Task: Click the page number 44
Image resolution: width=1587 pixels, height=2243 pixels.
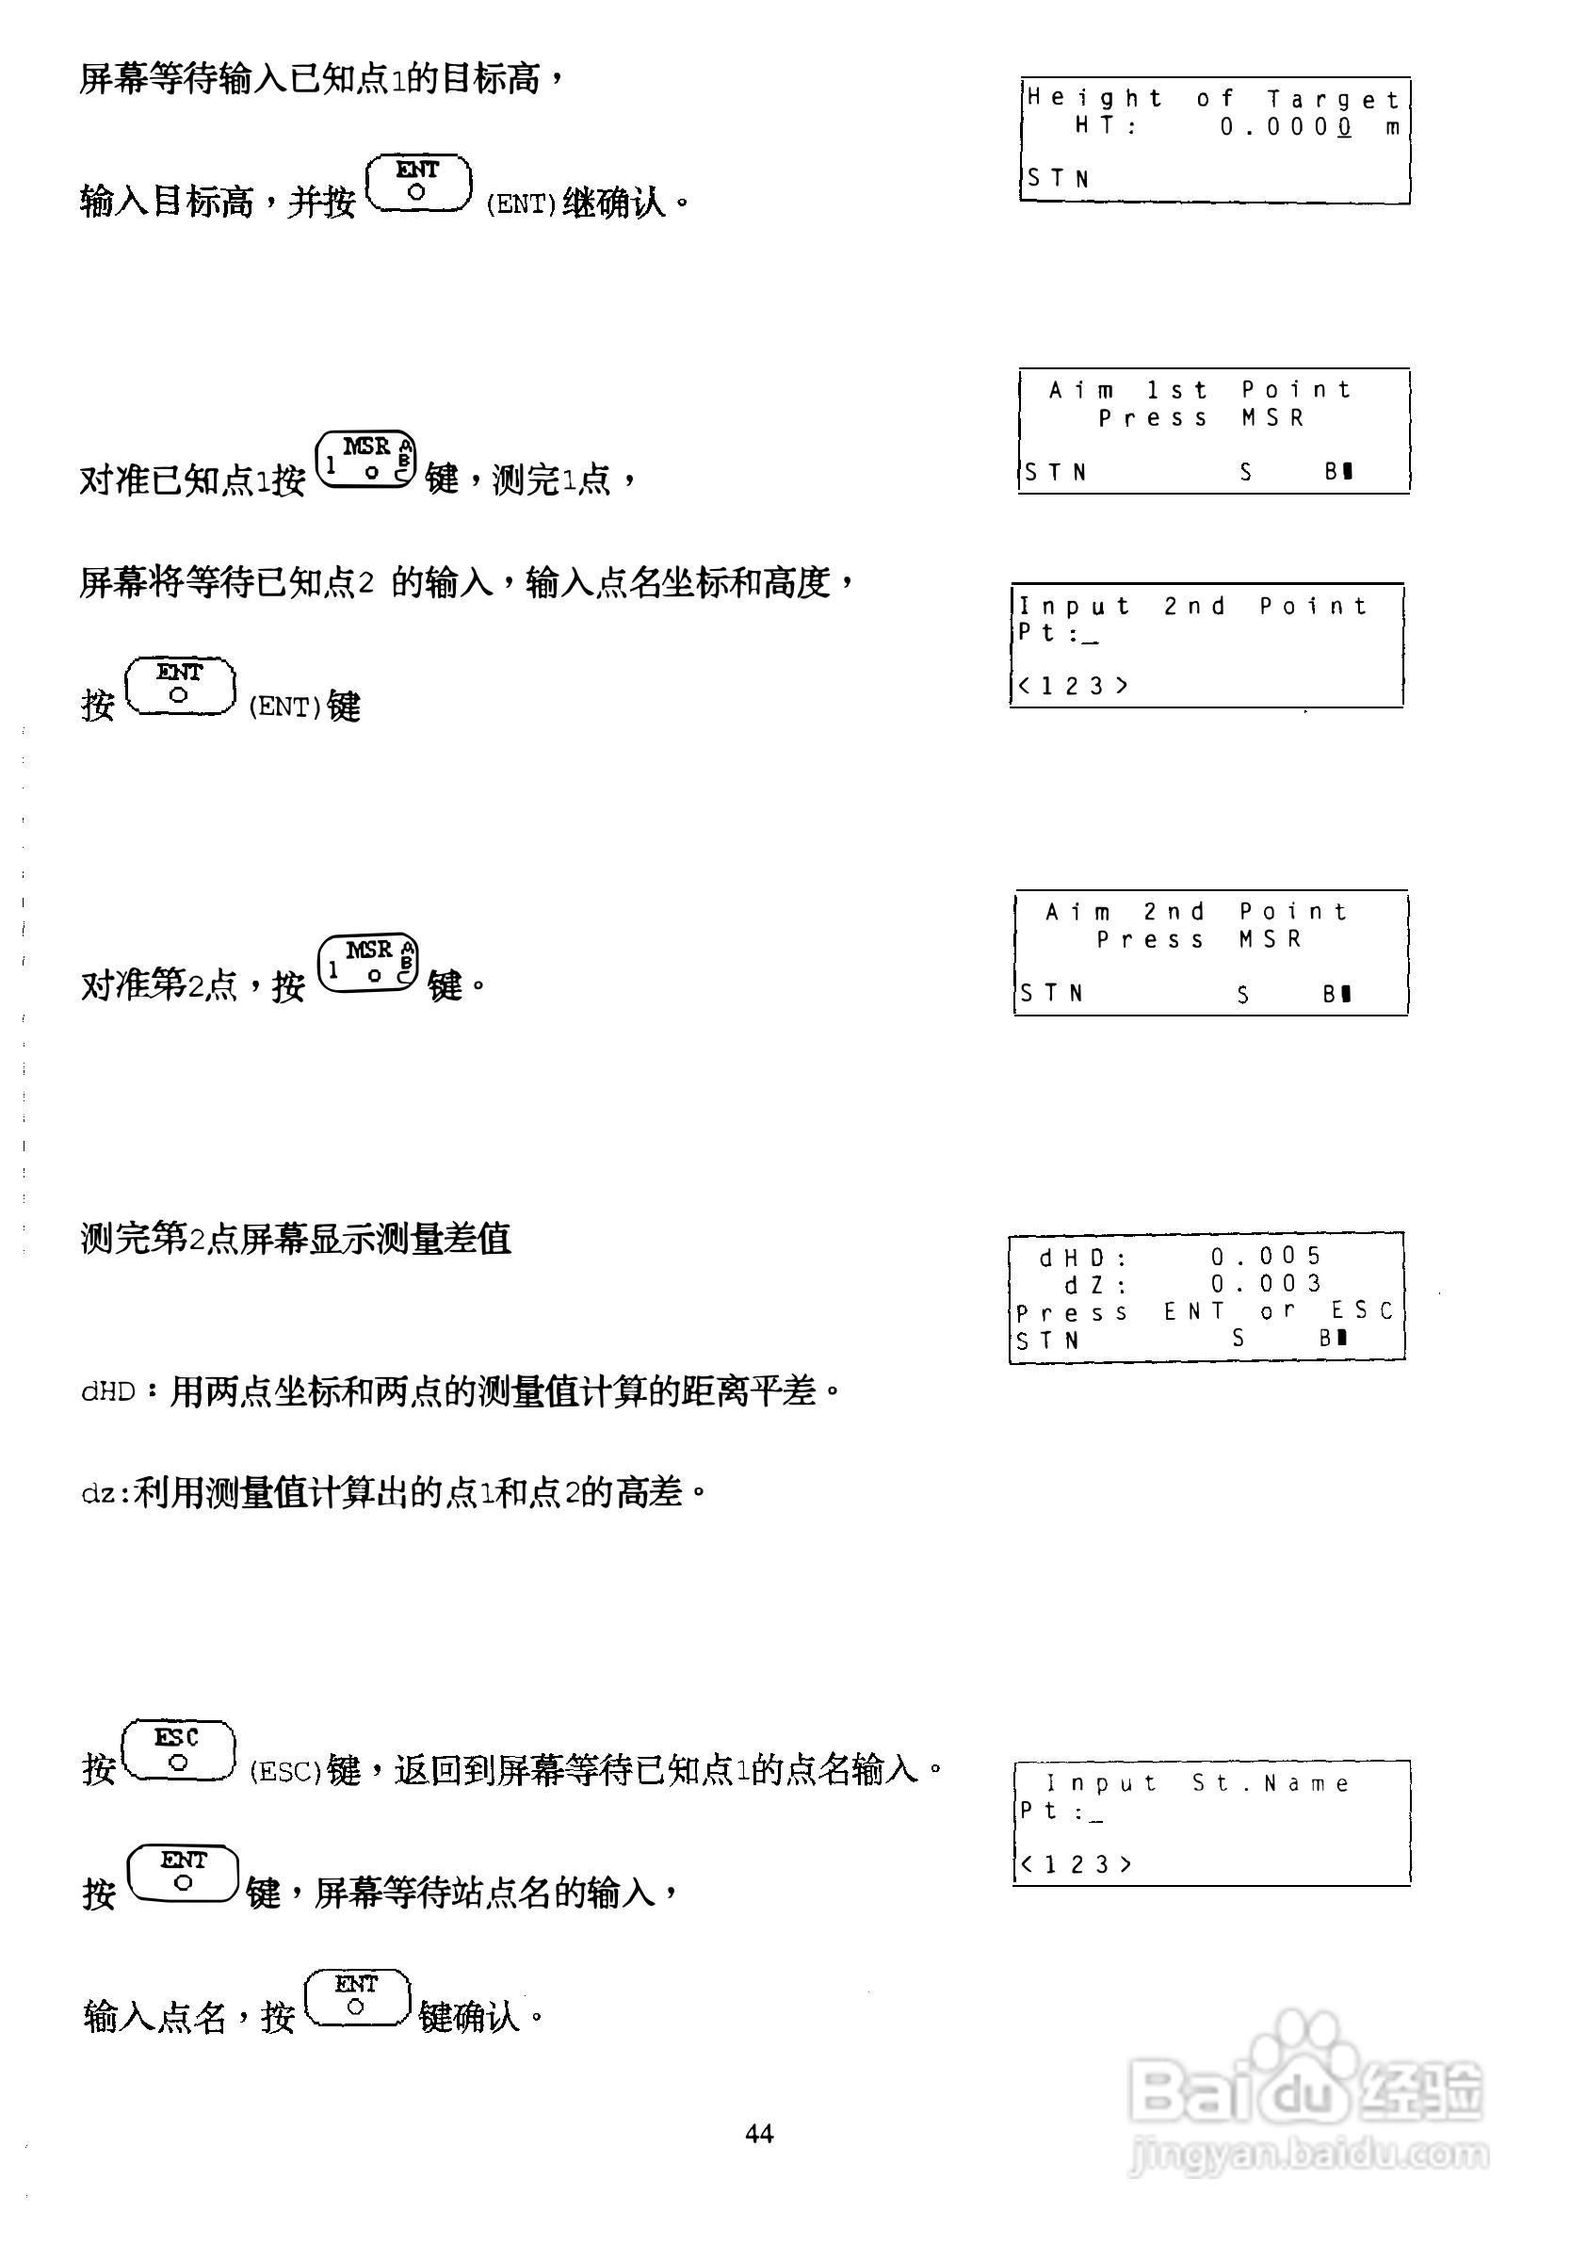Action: [759, 2134]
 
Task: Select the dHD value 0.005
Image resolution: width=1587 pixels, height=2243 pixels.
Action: [1267, 1256]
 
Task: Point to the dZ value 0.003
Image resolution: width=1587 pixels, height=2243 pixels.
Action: [1267, 1283]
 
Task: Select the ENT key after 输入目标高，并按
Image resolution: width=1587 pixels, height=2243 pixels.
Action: [418, 184]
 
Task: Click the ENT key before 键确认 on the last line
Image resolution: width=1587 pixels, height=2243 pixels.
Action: [358, 1998]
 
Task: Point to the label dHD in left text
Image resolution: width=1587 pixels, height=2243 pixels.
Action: [107, 1391]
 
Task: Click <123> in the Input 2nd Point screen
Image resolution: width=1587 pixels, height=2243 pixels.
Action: [1072, 686]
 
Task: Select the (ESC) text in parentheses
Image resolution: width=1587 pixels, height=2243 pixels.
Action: [285, 1772]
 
